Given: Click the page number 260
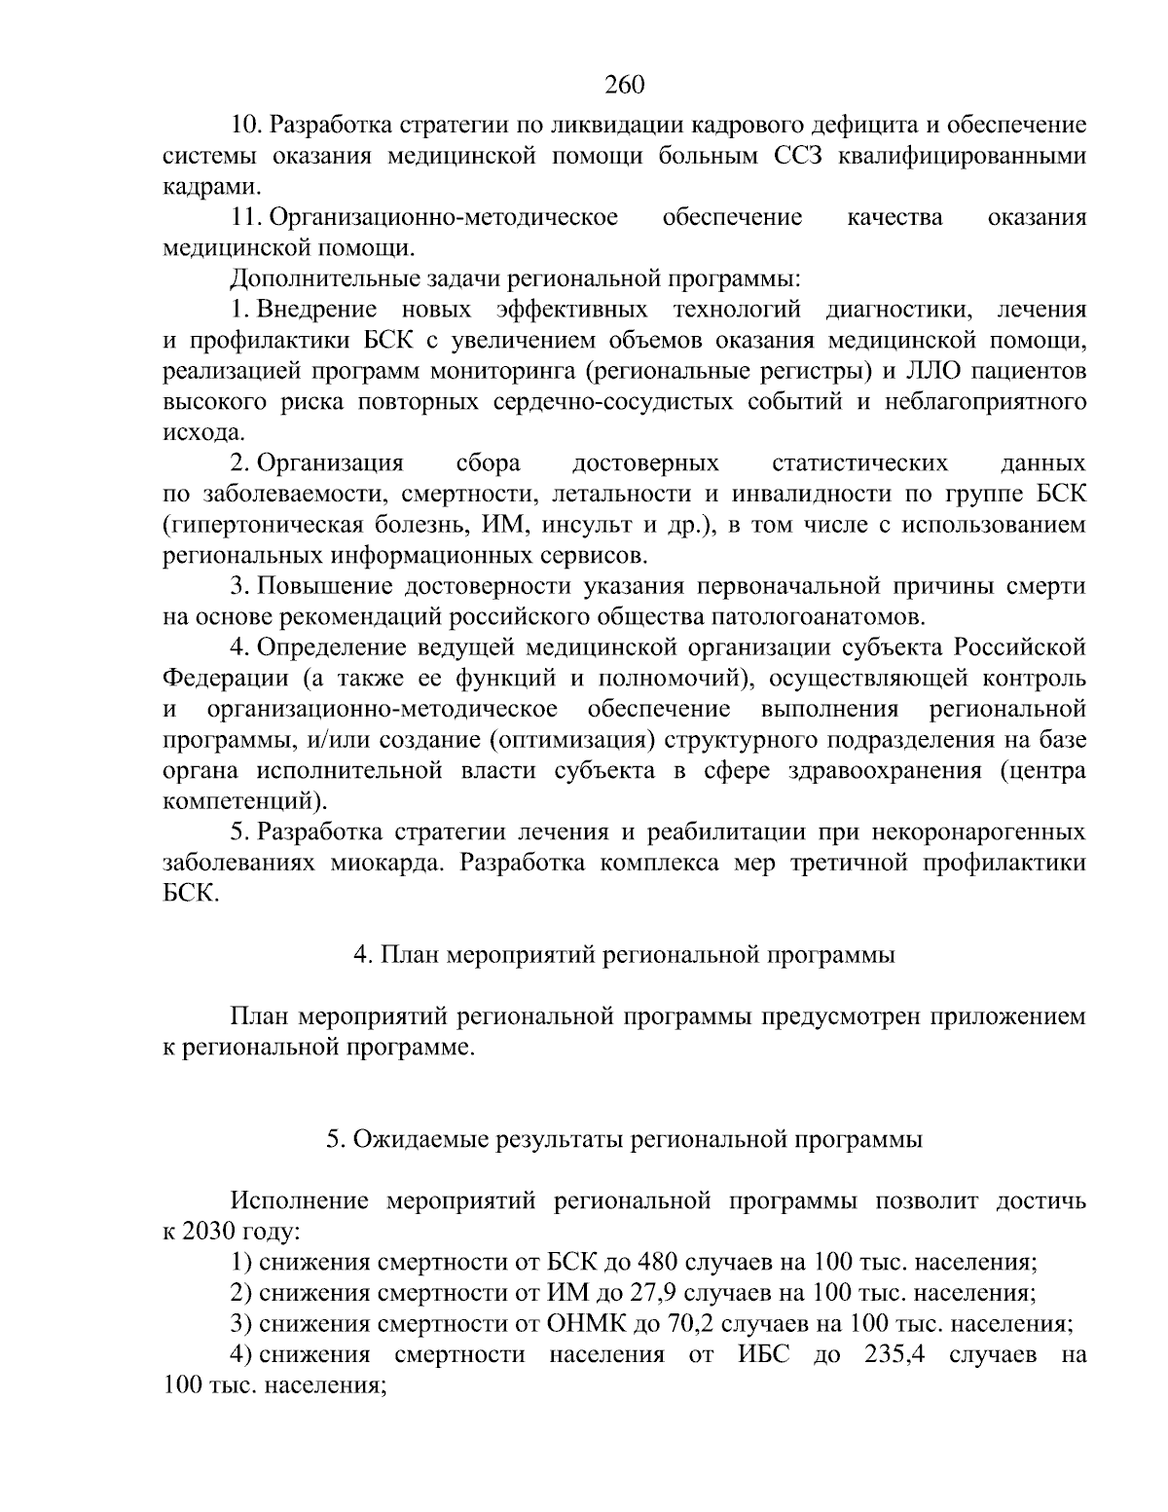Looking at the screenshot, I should coord(624,85).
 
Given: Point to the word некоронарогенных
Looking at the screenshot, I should coord(978,832).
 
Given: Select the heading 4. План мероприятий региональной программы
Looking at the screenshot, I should coord(624,955).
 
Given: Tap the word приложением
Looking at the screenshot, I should coord(1004,1016).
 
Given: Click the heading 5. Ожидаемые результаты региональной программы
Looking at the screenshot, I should coord(624,1139).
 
